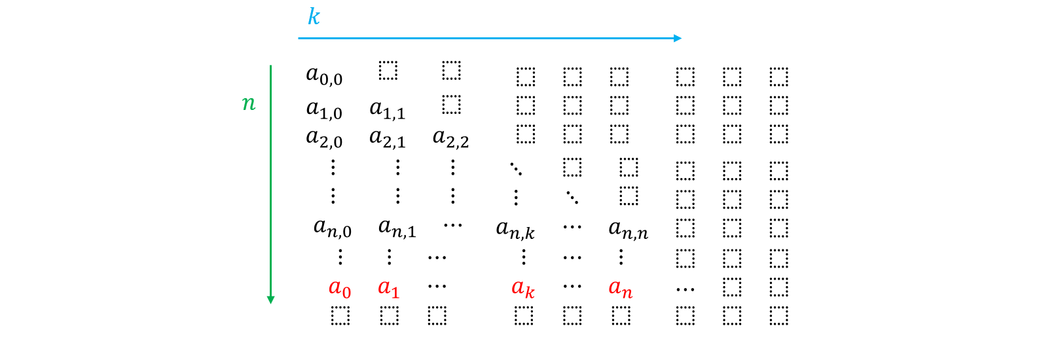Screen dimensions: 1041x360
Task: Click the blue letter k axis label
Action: point(314,16)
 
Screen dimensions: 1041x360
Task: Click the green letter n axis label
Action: point(249,103)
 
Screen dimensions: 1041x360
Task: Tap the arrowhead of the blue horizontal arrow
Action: point(678,38)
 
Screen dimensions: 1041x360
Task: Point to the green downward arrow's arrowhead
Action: point(270,300)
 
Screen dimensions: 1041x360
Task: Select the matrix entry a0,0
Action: point(324,76)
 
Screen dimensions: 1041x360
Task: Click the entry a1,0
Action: point(324,110)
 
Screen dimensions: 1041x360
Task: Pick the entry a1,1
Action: point(388,110)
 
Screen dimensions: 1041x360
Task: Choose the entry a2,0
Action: point(324,138)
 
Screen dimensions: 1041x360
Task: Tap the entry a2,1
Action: point(388,138)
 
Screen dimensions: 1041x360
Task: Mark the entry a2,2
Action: point(451,138)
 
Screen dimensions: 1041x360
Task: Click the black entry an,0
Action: point(333,228)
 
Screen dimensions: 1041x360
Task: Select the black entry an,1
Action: point(397,228)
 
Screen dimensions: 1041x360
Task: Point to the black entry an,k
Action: point(515,230)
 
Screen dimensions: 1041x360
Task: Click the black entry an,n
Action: point(629,230)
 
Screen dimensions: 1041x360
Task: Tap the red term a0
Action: point(340,288)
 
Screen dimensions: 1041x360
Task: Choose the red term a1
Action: point(389,288)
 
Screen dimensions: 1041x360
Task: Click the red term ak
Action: point(523,288)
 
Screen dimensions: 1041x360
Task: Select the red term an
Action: point(621,288)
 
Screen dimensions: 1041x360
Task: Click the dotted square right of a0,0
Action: point(388,70)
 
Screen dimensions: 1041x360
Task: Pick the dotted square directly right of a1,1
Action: point(451,104)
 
